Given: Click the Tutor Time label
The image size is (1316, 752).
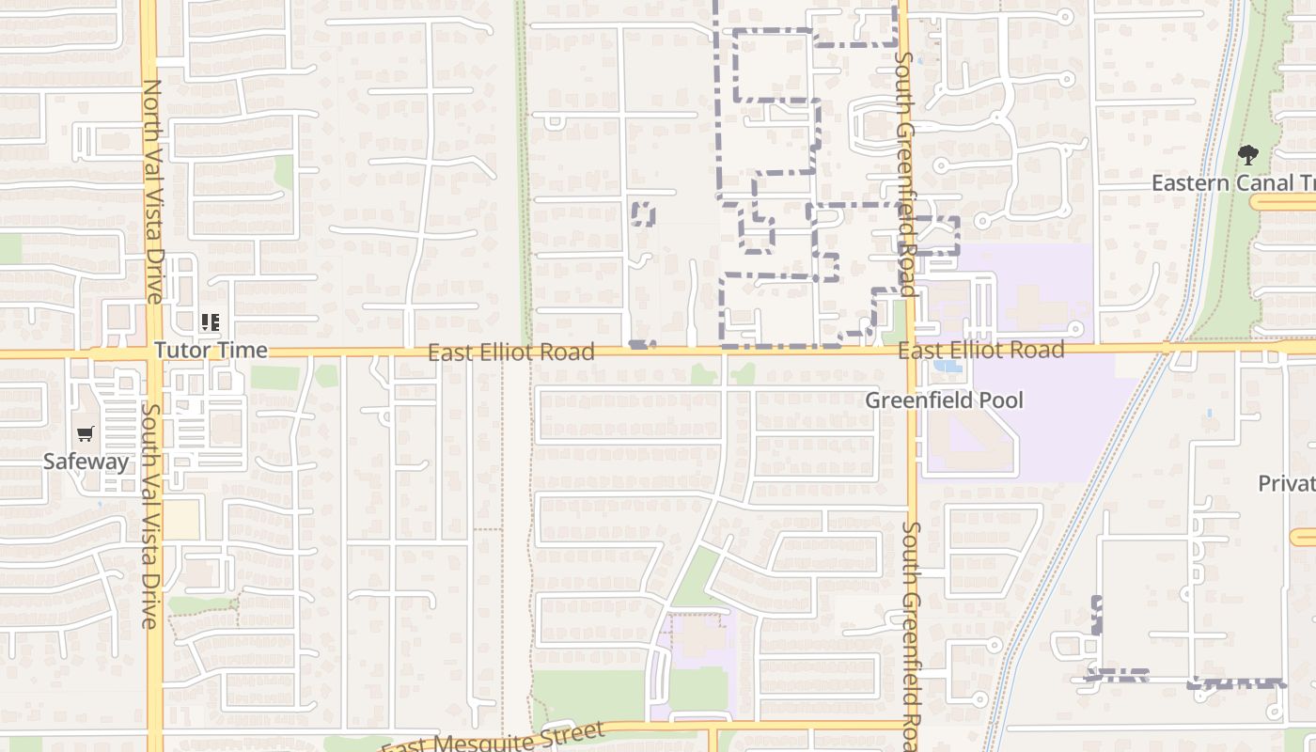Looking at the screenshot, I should pos(211,351).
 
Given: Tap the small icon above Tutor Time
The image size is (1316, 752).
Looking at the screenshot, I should pos(211,323).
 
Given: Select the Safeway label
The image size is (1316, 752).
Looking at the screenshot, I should pos(86,462).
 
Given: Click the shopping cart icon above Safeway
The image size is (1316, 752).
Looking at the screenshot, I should pos(86,434).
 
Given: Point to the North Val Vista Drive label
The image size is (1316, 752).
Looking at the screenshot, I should pos(152,192).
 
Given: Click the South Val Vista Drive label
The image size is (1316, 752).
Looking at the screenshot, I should pos(149,515).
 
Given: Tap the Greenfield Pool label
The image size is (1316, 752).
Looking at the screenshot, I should pos(944,400).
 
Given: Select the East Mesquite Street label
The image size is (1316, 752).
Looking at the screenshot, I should pos(493,738).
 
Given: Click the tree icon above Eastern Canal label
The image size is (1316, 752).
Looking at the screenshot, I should pos(1247,155).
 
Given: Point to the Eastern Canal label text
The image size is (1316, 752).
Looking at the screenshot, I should pos(1232,182).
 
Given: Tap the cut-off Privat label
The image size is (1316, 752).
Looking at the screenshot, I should pos(1286,483).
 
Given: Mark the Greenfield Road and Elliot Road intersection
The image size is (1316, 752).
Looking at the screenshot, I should pos(909,350).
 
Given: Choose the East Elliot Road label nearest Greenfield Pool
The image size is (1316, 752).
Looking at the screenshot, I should pos(980,350).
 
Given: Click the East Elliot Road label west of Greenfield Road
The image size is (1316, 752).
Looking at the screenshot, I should pos(511,352).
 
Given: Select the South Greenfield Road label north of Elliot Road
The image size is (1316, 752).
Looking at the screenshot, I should pos(905,173).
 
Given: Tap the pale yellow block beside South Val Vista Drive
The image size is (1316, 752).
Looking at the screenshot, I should pos(181,519).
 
